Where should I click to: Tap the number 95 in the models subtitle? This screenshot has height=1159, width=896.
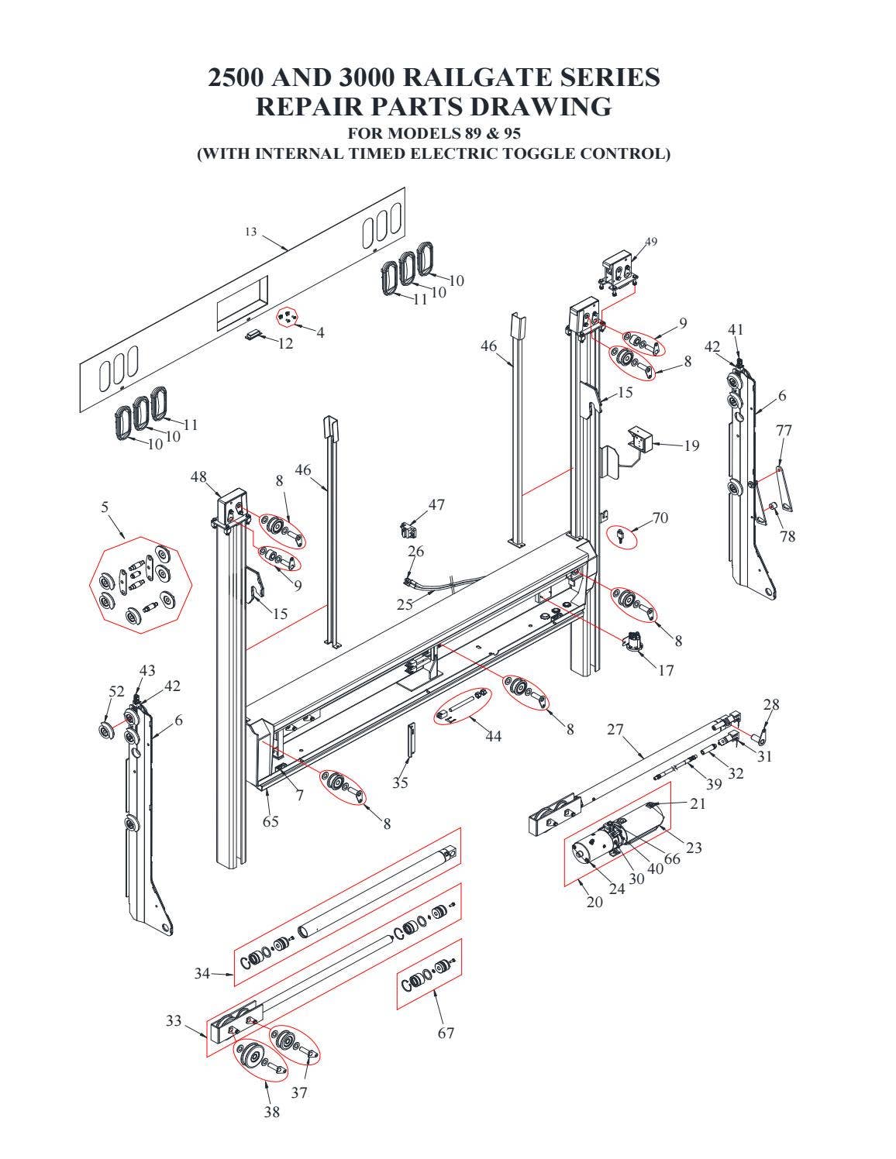510,132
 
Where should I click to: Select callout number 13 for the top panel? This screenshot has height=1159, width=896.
251,232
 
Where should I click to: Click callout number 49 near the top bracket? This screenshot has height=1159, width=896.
651,242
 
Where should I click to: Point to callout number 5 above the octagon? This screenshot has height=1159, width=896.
105,507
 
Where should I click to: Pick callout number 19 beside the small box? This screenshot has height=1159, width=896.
691,445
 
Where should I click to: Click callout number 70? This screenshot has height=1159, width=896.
660,518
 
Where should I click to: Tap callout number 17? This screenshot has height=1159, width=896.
666,670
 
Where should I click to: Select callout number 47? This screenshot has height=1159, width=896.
436,504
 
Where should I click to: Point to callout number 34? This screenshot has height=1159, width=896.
202,974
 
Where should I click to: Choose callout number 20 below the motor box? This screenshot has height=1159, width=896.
594,902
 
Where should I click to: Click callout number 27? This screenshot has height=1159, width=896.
615,728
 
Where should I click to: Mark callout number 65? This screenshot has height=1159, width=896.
271,821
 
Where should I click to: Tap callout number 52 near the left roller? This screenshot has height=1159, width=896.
117,692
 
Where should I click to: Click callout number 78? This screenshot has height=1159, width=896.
787,536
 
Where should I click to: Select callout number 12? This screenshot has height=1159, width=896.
286,343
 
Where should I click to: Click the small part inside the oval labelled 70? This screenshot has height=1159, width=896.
621,535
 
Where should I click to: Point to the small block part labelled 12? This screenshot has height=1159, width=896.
253,335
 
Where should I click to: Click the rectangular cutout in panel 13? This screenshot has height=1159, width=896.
241,304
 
